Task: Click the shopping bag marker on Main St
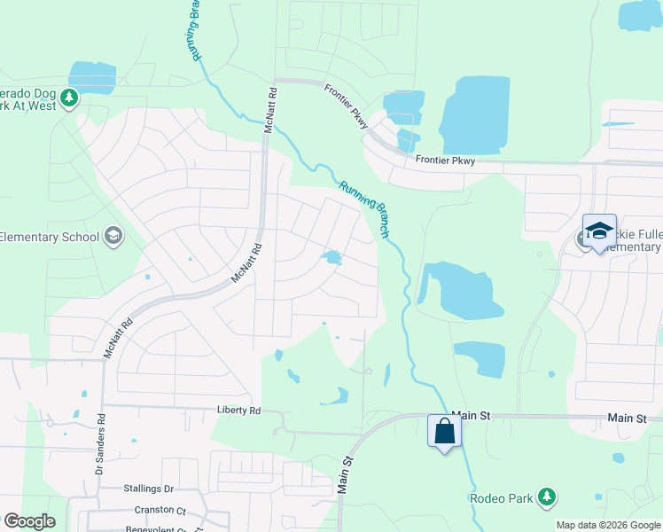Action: pyautogui.click(x=444, y=433)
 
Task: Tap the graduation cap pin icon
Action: pyautogui.click(x=599, y=231)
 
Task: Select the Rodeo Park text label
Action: pyautogui.click(x=502, y=498)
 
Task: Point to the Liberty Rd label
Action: pyautogui.click(x=239, y=411)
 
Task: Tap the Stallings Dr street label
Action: pyautogui.click(x=149, y=489)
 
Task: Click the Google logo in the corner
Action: pyautogui.click(x=29, y=521)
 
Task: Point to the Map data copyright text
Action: pyautogui.click(x=607, y=525)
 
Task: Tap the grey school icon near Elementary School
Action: pyautogui.click(x=113, y=236)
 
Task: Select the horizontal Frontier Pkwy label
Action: pyautogui.click(x=446, y=160)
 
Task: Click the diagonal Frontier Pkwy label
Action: pyautogui.click(x=346, y=106)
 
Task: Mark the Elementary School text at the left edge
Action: pyautogui.click(x=50, y=237)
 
